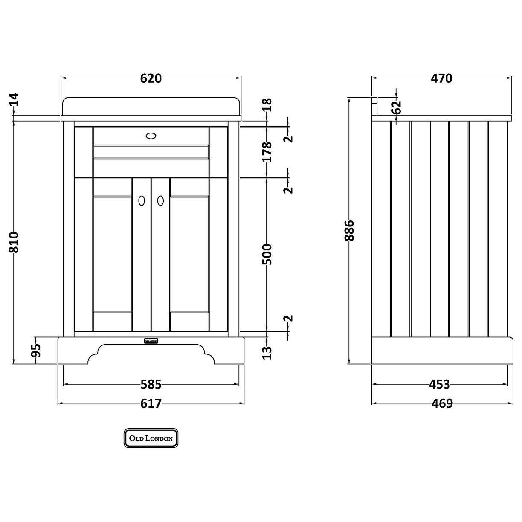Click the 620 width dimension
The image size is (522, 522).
(x=151, y=78)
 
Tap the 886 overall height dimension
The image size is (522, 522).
(x=349, y=231)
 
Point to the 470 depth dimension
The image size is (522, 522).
(x=441, y=78)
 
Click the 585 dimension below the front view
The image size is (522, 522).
(x=151, y=384)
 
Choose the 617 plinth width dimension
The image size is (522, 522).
(x=151, y=403)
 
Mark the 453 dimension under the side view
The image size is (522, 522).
(x=440, y=384)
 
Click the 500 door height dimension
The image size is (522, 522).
(x=267, y=254)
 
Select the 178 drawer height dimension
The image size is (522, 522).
(x=267, y=151)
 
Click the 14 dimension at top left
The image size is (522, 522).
(x=14, y=100)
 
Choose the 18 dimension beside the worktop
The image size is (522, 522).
(x=267, y=105)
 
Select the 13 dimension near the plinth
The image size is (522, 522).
(x=267, y=352)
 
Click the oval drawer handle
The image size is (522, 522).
(x=151, y=136)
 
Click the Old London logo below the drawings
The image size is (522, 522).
(x=151, y=438)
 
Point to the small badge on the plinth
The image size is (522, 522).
(x=151, y=340)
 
